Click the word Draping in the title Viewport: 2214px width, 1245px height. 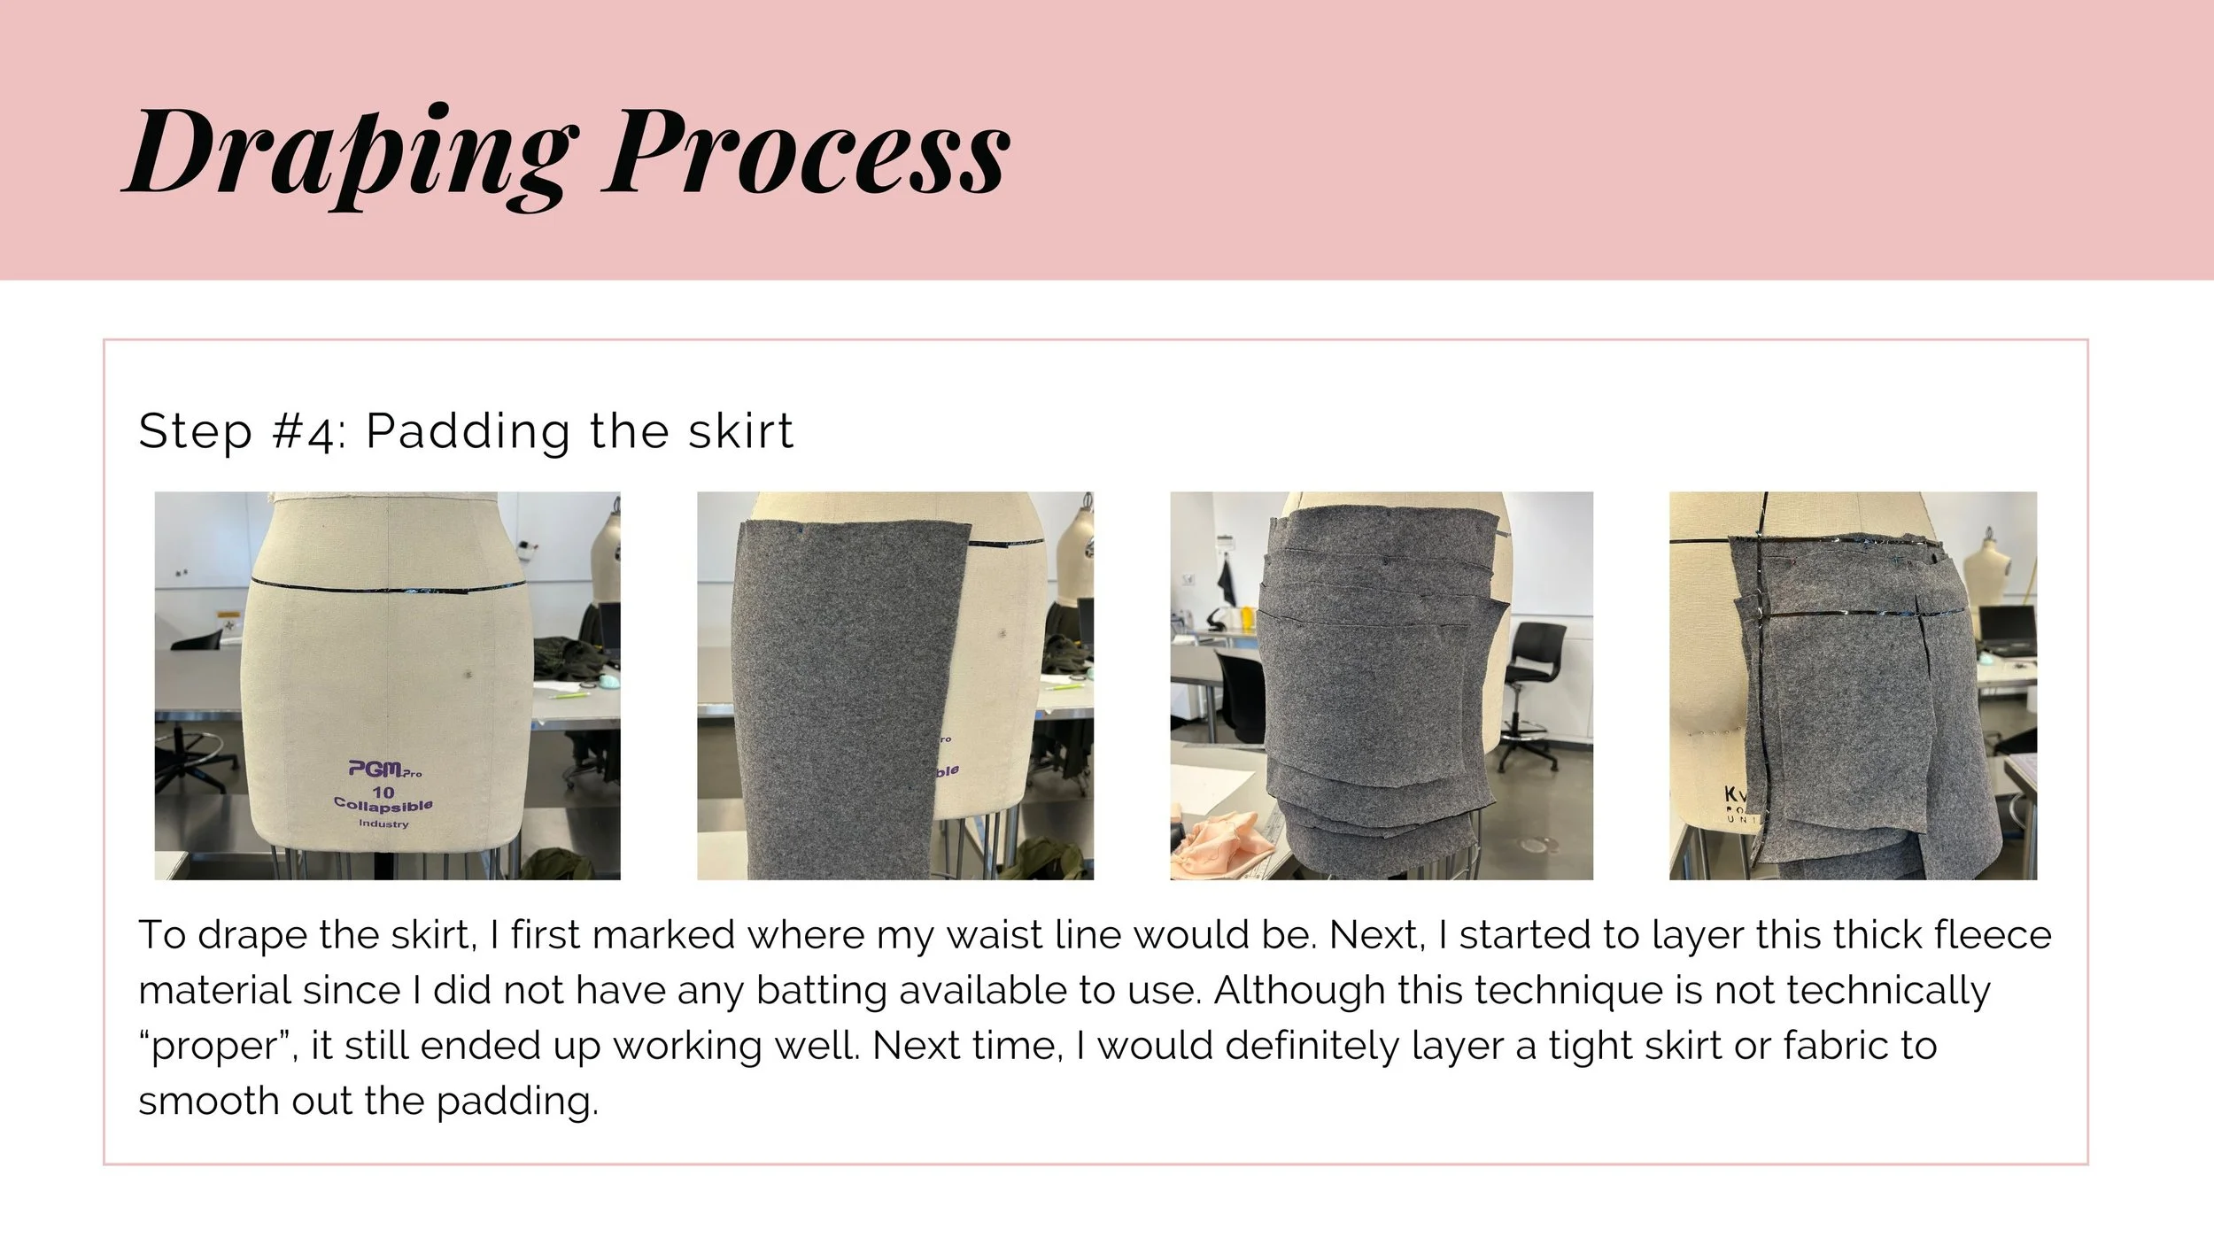click(349, 155)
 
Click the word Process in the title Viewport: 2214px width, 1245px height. click(807, 151)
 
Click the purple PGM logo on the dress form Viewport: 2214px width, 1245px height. click(383, 769)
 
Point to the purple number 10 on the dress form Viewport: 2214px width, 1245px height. click(383, 791)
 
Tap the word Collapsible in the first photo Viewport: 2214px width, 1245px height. click(383, 805)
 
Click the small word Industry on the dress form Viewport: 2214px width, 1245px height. click(383, 824)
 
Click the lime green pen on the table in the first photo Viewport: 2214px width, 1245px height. click(567, 693)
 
